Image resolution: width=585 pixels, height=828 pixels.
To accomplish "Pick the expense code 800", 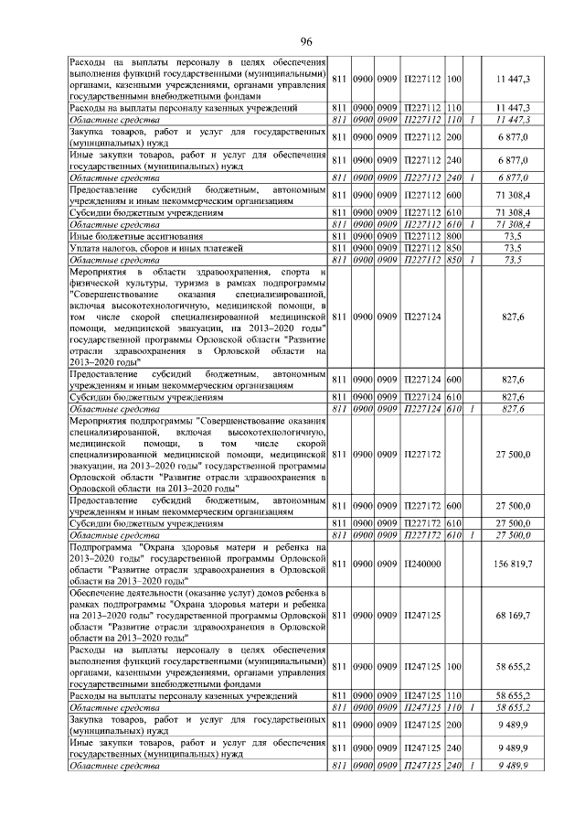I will click(453, 235).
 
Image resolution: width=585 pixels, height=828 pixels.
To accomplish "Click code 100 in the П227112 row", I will click(453, 80).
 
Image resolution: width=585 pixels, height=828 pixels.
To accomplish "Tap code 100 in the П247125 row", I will click(453, 670).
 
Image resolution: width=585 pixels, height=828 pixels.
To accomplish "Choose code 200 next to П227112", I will click(453, 137).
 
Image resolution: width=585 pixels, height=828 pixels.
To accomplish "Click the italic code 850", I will click(453, 259).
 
